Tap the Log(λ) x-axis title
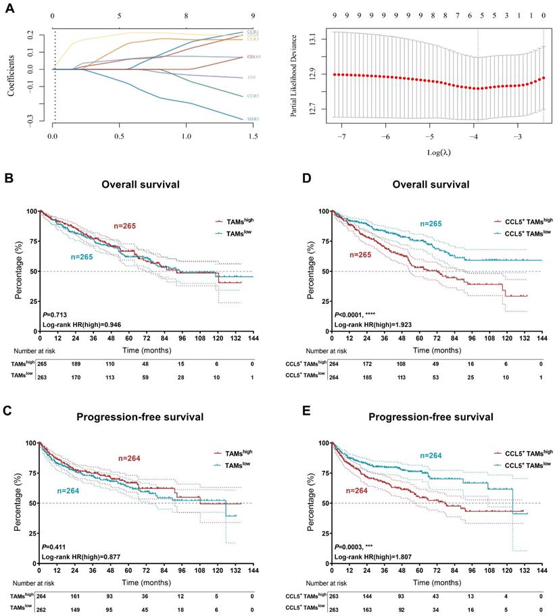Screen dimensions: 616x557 click(x=439, y=151)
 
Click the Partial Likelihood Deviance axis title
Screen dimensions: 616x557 click(x=295, y=74)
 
